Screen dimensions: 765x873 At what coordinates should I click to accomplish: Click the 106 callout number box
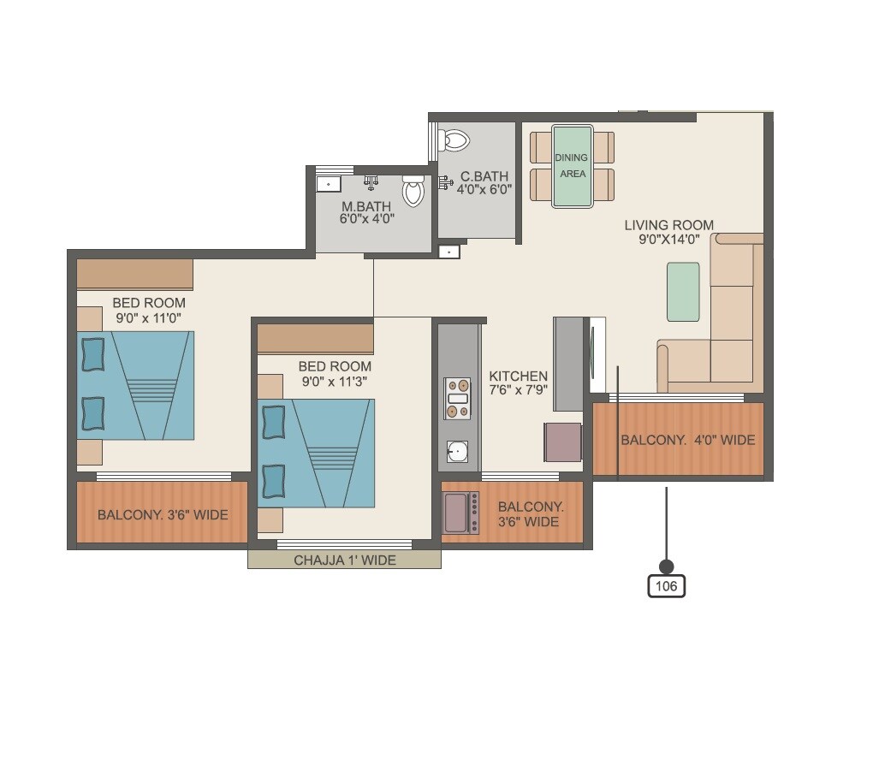667,586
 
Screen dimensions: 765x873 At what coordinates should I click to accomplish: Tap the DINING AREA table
573,166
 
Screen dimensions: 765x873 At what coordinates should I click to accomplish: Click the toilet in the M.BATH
413,191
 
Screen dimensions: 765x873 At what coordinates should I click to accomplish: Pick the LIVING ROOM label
668,225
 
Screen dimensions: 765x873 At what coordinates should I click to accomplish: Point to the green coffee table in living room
683,292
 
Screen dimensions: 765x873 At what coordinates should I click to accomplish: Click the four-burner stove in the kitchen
458,398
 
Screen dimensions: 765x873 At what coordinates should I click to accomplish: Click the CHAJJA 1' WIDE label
345,560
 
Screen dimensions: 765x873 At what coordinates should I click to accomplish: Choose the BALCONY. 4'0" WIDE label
687,440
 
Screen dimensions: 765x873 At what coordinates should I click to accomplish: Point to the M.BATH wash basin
328,183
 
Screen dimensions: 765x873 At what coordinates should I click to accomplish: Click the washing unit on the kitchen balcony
460,512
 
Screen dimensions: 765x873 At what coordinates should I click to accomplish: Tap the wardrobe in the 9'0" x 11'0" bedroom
134,275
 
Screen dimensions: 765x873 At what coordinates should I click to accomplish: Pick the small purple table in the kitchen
562,442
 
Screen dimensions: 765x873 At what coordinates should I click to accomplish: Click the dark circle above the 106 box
667,566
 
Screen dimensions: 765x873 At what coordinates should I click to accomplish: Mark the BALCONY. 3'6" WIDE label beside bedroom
163,515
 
